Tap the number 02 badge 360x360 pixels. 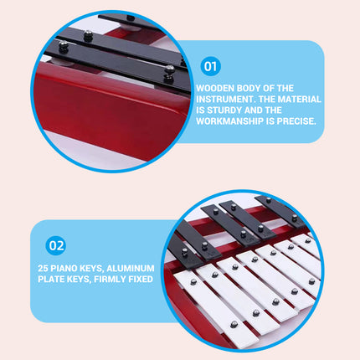[x=56, y=245]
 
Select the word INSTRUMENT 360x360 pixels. [x=224, y=98]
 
